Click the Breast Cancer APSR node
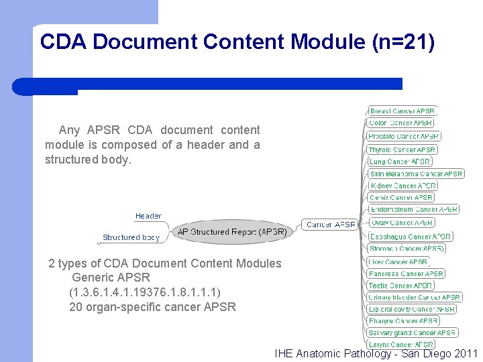[x=402, y=111]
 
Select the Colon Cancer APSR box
[x=400, y=123]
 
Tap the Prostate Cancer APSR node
[x=404, y=136]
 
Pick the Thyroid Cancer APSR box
[x=402, y=149]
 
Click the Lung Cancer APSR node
[x=399, y=162]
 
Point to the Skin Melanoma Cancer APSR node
[x=416, y=174]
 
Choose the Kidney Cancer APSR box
[x=402, y=186]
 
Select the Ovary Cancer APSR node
[x=401, y=223]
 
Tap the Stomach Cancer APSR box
[x=406, y=248]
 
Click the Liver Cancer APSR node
[x=398, y=261]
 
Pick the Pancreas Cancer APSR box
[x=406, y=274]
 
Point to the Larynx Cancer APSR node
[x=401, y=345]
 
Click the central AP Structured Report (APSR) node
[x=231, y=232]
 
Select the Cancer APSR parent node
[x=330, y=225]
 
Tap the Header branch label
[x=148, y=216]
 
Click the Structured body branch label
[x=131, y=237]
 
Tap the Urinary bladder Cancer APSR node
[x=415, y=297]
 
